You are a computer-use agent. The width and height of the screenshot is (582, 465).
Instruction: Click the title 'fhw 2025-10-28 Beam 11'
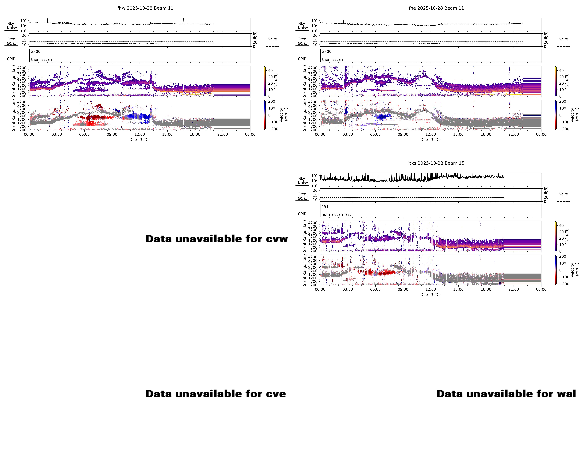tap(145, 8)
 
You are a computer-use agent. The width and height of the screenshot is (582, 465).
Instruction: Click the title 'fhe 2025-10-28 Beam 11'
tap(436, 8)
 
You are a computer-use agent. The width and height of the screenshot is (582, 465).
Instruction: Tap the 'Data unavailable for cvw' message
tap(216, 239)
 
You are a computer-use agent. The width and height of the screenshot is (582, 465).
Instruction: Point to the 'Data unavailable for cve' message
tap(216, 394)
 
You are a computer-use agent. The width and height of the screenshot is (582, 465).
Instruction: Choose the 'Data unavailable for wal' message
tap(506, 394)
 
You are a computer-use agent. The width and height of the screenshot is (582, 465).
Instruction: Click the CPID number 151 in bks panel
tap(325, 207)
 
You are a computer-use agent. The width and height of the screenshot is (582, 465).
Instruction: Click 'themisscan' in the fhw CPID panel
tap(41, 59)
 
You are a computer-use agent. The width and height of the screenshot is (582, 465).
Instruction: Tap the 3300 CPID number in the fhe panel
tap(327, 52)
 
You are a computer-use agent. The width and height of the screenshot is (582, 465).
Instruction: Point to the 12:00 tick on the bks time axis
tap(431, 289)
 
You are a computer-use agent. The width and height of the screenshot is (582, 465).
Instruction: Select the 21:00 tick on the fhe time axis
tap(513, 134)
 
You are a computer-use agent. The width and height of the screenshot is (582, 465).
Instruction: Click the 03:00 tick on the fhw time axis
tap(57, 134)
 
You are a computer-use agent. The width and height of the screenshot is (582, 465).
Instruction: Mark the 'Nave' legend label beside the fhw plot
tap(272, 39)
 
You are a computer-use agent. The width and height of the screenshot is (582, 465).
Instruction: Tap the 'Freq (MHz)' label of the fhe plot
tap(303, 41)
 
